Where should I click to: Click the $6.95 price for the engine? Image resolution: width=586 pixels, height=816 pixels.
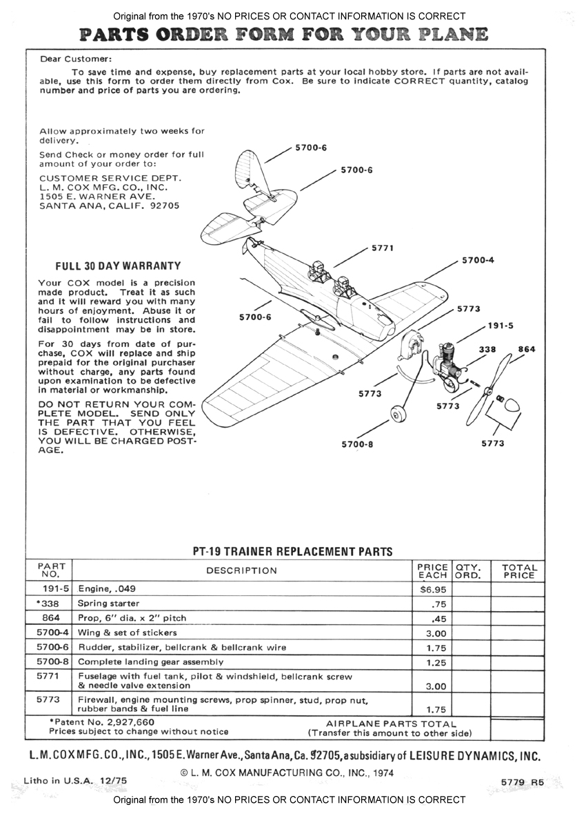tap(432, 590)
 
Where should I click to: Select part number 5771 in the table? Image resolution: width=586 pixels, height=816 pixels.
tap(48, 676)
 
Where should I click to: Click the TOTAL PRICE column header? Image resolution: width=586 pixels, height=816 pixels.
tap(518, 571)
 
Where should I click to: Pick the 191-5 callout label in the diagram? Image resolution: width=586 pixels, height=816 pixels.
tap(501, 325)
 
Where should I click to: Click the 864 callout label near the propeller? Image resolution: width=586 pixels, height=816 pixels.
tap(526, 350)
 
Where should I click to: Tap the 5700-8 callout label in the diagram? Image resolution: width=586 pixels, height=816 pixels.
tap(357, 444)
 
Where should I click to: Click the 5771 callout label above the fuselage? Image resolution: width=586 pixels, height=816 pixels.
tap(383, 248)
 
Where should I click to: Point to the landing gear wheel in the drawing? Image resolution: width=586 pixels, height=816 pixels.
tap(397, 415)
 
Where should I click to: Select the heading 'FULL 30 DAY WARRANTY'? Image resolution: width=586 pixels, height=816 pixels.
tap(117, 266)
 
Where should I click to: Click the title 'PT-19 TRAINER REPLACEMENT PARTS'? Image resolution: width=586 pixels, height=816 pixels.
tap(292, 551)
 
